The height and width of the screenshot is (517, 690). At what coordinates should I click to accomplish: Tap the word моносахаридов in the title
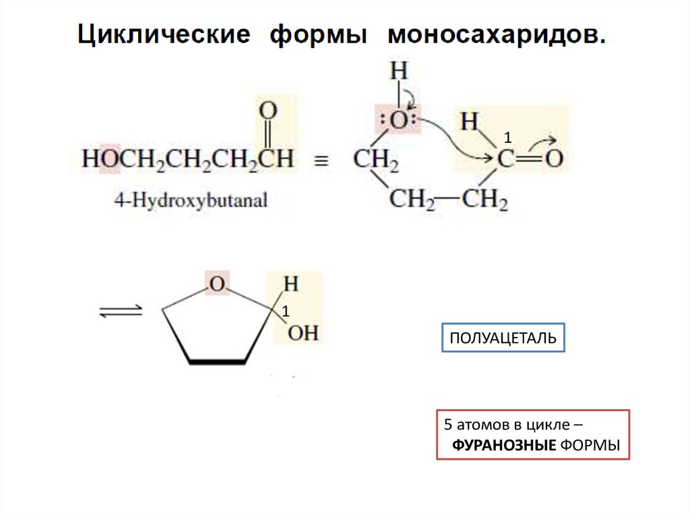coord(496,35)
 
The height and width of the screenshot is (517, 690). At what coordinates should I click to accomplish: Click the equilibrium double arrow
coord(121,311)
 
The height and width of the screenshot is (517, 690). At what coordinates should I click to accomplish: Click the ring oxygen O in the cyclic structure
coord(216,284)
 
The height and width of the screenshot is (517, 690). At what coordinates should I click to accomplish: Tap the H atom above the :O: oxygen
coord(399,71)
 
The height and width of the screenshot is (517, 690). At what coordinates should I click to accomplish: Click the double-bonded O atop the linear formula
coord(268,110)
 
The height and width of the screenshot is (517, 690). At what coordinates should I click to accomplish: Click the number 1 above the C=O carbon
coord(508,138)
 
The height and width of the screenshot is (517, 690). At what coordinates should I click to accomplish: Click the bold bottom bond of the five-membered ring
coord(217,362)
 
